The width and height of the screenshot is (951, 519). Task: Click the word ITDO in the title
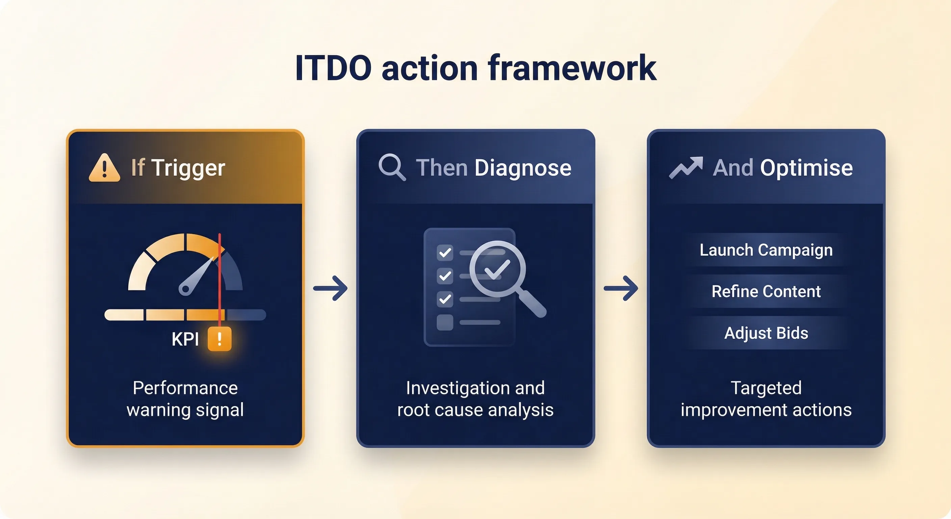coord(333,68)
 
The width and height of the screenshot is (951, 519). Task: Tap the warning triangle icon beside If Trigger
coord(104,168)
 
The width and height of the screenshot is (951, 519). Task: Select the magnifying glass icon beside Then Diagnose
coord(392,168)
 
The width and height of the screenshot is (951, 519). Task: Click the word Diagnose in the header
coord(523,169)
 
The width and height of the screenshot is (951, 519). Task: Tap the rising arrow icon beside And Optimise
coord(686,168)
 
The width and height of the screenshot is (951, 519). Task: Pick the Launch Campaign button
coord(766,250)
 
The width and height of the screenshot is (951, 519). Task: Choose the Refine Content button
coord(766,292)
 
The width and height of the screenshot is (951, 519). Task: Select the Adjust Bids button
coord(766,333)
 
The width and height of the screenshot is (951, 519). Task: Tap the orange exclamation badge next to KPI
coord(220,339)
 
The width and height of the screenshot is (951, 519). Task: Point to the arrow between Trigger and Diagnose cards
coord(330,288)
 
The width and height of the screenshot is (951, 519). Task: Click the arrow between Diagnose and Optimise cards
coord(621,288)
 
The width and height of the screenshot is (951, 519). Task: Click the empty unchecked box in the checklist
coord(445,322)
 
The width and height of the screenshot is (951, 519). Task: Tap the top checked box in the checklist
coord(445,253)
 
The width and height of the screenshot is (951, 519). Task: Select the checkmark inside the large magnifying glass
coord(497,269)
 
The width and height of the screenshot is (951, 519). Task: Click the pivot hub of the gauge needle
coord(185,288)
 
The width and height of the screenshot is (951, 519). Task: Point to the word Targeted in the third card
coord(766,388)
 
